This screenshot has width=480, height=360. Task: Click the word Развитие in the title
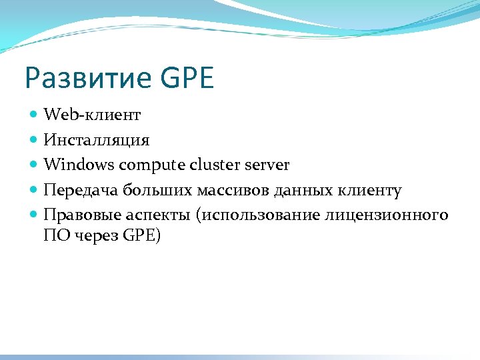(87, 79)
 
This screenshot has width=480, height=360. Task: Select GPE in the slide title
(187, 79)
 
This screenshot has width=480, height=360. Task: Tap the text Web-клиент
(92, 115)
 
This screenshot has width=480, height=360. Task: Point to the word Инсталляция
(97, 140)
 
